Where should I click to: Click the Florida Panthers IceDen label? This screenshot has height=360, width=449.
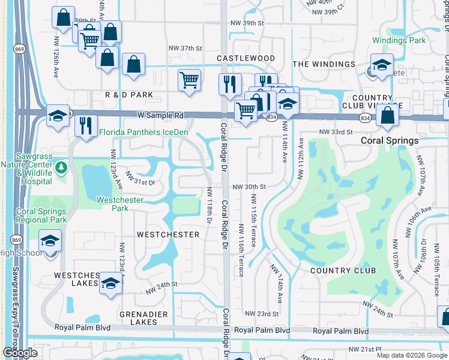pyautogui.click(x=143, y=132)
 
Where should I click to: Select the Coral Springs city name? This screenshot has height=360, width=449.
pyautogui.click(x=390, y=140)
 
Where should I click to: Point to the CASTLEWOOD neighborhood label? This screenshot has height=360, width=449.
pyautogui.click(x=246, y=58)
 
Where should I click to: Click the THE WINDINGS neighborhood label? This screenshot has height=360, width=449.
pyautogui.click(x=324, y=64)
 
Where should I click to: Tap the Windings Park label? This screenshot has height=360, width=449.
pyautogui.click(x=399, y=41)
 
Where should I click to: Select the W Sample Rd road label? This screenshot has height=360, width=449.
pyautogui.click(x=160, y=114)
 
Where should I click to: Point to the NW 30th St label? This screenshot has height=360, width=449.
pyautogui.click(x=249, y=187)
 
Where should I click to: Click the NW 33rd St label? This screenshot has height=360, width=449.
pyautogui.click(x=333, y=131)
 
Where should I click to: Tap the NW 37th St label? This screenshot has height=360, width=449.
pyautogui.click(x=186, y=48)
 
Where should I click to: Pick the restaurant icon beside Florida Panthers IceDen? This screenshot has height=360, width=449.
pyautogui.click(x=86, y=125)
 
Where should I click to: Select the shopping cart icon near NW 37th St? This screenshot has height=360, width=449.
pyautogui.click(x=190, y=79)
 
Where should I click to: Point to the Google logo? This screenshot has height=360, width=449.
pyautogui.click(x=20, y=353)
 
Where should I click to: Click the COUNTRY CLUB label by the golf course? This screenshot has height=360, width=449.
pyautogui.click(x=343, y=271)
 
